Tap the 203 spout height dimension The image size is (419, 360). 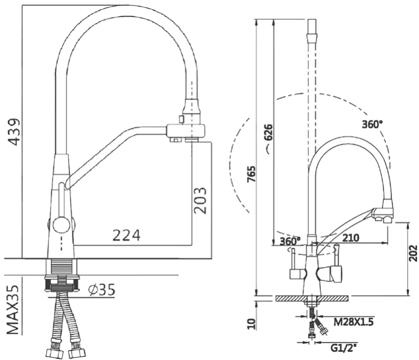[200, 200]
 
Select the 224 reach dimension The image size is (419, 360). [126, 236]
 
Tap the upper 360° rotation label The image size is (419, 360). [372, 123]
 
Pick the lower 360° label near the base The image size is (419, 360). [289, 241]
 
